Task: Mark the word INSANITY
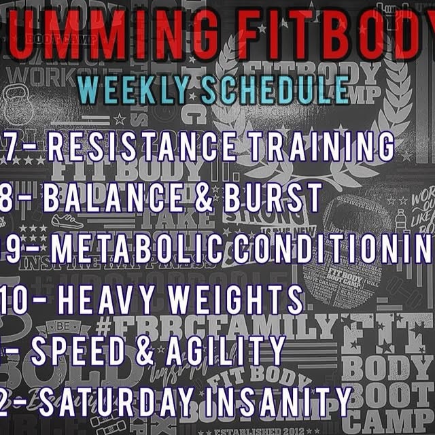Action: [x=285, y=401]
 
